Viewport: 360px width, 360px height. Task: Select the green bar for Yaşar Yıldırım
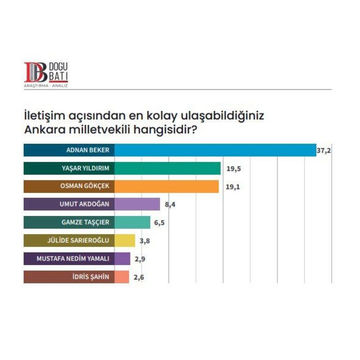[x=167, y=168]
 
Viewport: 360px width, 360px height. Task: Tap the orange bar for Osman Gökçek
[x=167, y=186]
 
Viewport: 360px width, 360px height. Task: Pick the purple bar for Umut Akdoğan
[x=137, y=204]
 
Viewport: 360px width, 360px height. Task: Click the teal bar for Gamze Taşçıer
[x=132, y=222]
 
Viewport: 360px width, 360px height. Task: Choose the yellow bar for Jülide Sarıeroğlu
[x=125, y=240]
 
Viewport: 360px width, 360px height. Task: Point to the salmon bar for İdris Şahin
[x=122, y=277]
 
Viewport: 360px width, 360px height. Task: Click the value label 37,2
[x=323, y=150]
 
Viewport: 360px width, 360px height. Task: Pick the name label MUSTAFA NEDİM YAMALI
[x=73, y=258]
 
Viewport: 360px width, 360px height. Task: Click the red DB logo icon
[x=36, y=72]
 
